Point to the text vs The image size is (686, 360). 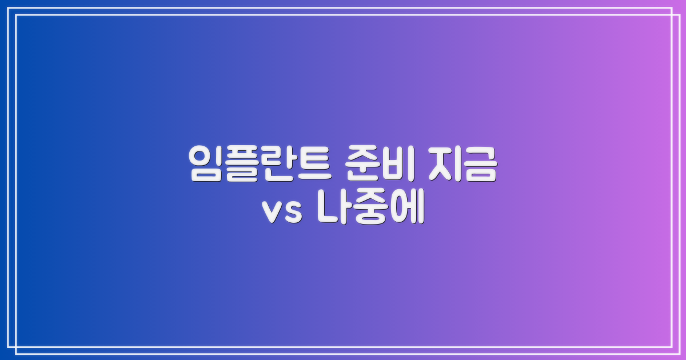282,212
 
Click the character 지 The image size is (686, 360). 444,164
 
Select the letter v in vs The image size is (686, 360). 273,213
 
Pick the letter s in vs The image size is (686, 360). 292,213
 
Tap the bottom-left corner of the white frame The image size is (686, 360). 15,353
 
